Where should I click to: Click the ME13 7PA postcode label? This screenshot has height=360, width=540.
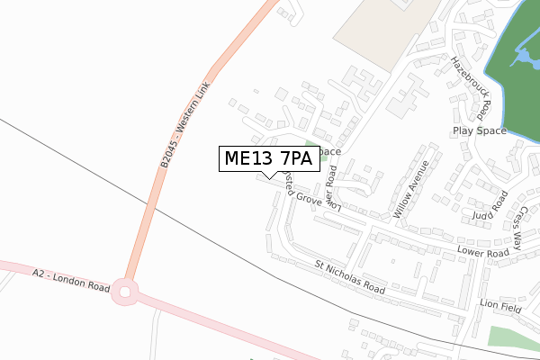(x=267, y=158)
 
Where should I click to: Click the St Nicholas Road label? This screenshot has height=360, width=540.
(x=350, y=278)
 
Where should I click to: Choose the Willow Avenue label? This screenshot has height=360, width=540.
(x=408, y=190)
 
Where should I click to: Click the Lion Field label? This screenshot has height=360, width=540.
(x=501, y=306)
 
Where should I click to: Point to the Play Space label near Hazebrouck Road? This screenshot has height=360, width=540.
(x=480, y=131)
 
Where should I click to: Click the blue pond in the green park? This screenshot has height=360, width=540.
(x=521, y=59)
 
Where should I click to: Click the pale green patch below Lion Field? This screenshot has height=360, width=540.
(x=513, y=337)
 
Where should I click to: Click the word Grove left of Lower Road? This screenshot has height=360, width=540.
(x=303, y=197)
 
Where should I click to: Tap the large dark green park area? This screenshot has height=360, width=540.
(x=513, y=90)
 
